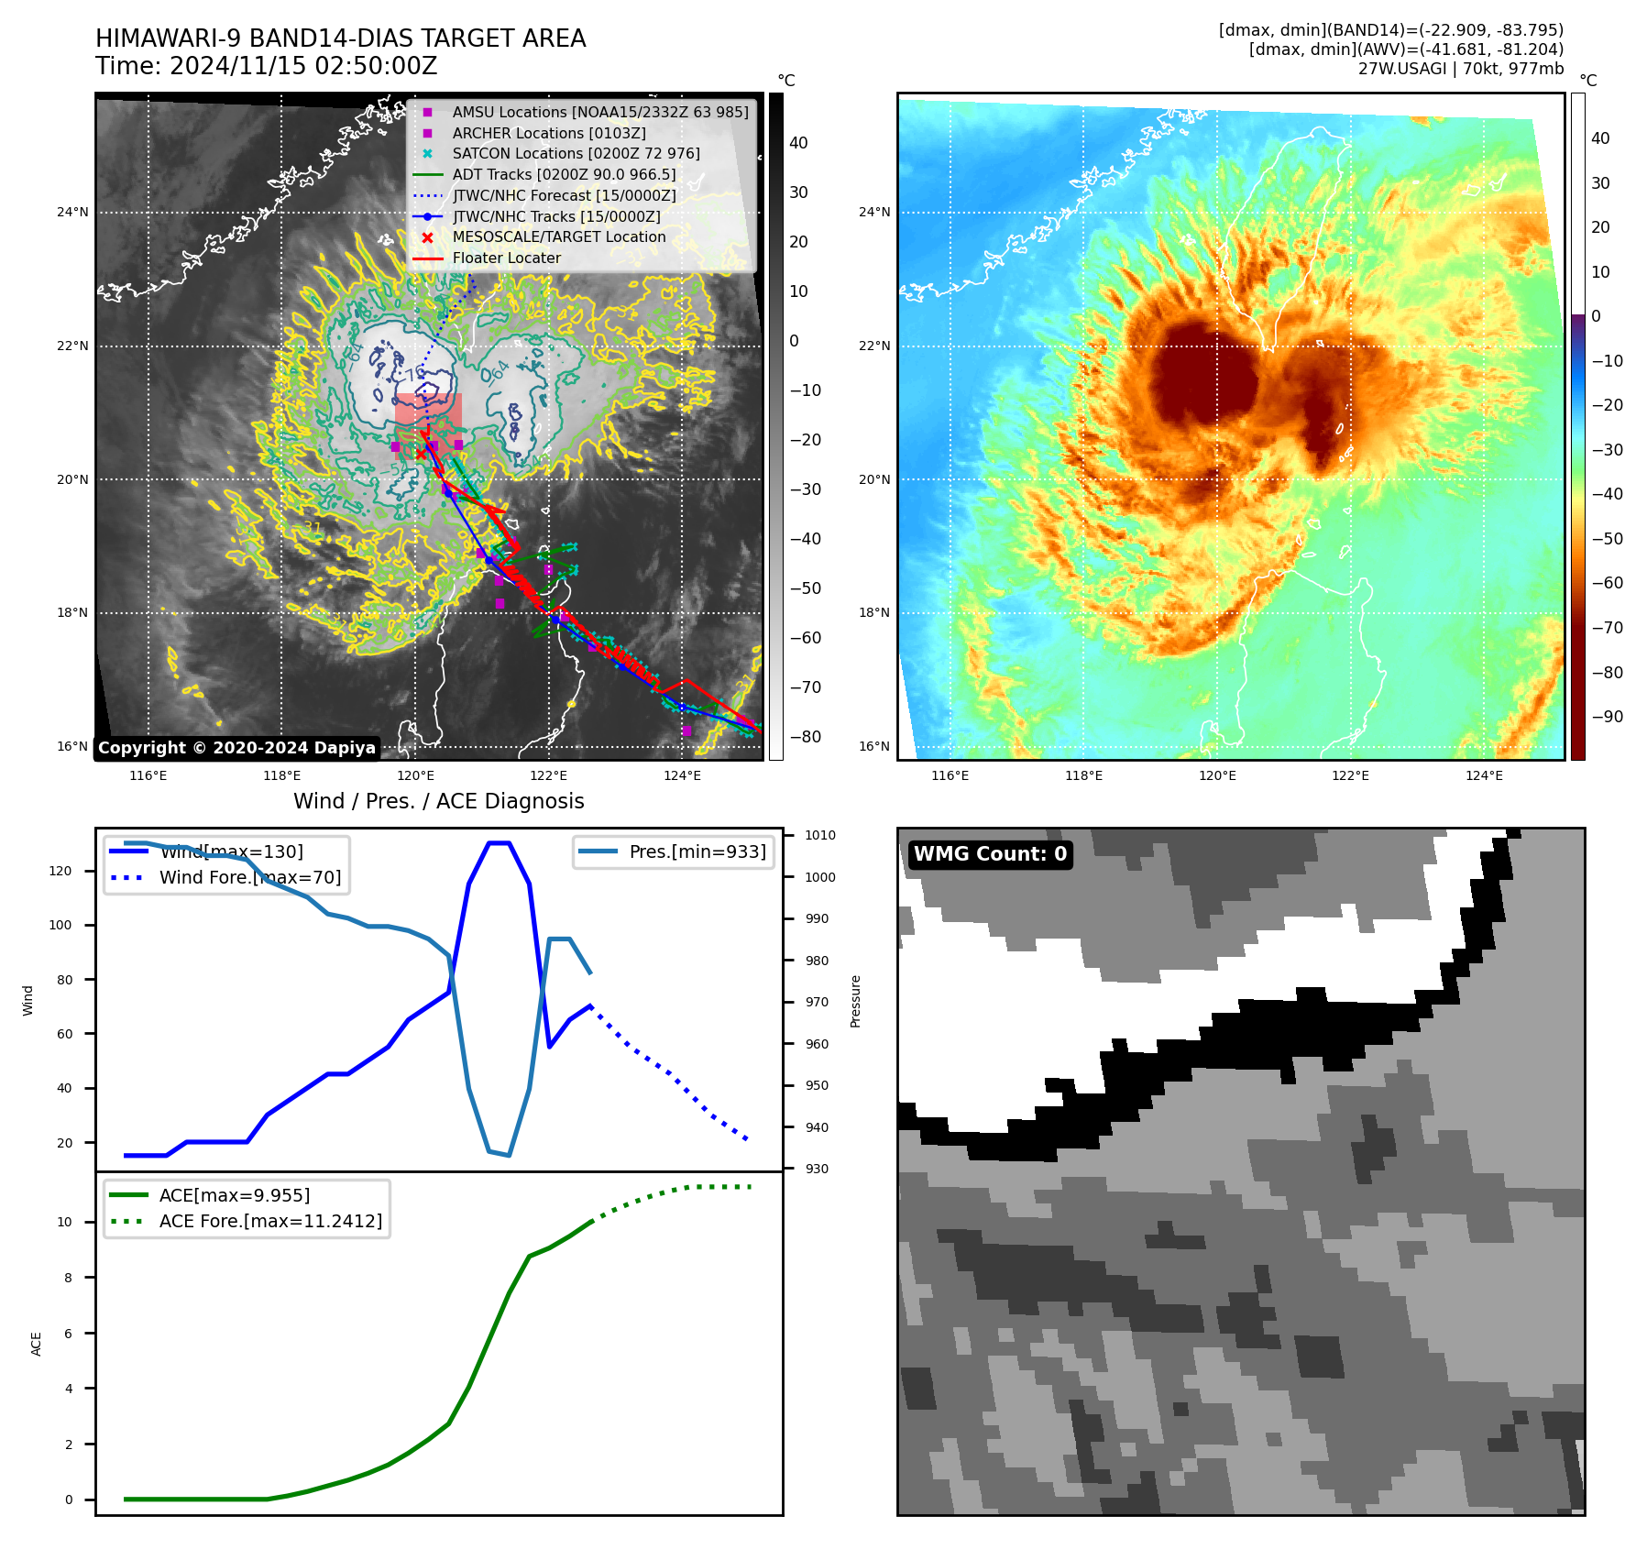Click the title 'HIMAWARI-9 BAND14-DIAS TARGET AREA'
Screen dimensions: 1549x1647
click(340, 38)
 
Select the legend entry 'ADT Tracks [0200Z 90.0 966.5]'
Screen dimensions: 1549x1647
click(564, 174)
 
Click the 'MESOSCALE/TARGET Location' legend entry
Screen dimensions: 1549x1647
click(558, 237)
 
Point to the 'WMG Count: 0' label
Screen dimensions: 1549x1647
click(990, 854)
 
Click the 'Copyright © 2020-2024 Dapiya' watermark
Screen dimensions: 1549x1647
click(236, 748)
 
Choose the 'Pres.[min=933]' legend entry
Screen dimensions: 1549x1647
click(697, 851)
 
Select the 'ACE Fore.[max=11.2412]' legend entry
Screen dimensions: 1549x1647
click(270, 1221)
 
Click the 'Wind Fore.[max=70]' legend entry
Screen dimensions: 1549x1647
click(249, 877)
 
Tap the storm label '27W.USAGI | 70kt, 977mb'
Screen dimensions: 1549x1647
click(1460, 69)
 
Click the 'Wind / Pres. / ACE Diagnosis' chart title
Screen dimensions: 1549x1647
click(438, 801)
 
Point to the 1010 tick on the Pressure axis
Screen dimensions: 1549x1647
click(820, 836)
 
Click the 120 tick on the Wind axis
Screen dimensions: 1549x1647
click(60, 871)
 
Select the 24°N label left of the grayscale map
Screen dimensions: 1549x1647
click(73, 213)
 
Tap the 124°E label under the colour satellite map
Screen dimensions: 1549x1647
click(1484, 775)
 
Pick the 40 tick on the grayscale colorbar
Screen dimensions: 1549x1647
click(798, 143)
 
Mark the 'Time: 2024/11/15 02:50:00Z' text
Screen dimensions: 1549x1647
click(267, 67)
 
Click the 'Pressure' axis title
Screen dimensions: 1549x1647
click(855, 1001)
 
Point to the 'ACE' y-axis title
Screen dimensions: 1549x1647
click(37, 1344)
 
